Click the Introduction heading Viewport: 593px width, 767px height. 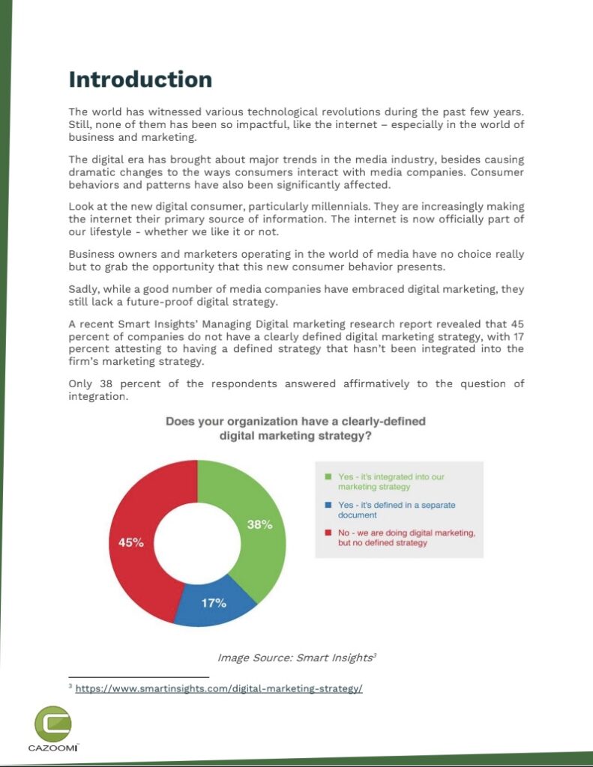[x=140, y=79]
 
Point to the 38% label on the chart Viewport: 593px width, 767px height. [x=259, y=525]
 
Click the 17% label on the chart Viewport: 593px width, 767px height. [x=214, y=603]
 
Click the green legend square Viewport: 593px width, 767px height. [x=328, y=476]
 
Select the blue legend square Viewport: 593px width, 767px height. [x=328, y=505]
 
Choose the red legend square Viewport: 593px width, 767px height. [x=328, y=533]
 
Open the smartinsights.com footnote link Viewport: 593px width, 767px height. [x=219, y=688]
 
